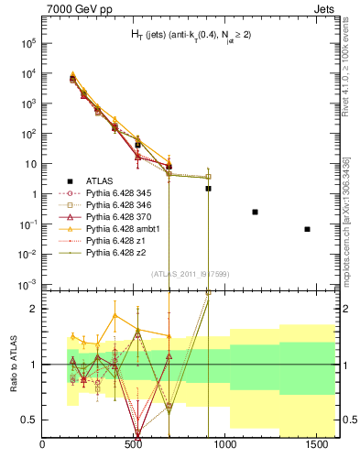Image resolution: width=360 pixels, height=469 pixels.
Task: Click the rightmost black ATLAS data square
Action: coord(307,229)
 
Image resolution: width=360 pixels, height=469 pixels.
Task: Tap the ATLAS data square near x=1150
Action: coord(255,212)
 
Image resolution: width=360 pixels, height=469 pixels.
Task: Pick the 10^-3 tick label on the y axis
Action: coord(28,284)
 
